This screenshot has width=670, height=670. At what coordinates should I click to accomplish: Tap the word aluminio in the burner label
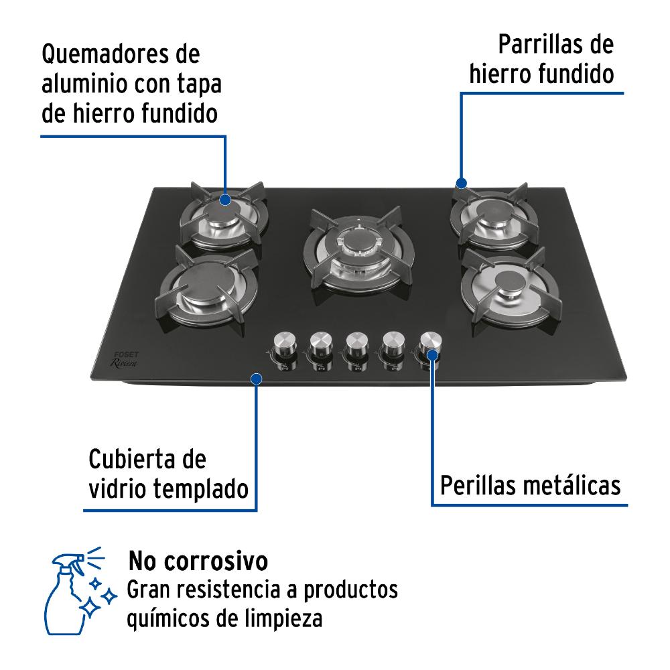84,84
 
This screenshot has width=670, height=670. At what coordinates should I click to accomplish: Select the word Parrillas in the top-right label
541,45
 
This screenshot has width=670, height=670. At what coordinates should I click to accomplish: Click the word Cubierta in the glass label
133,459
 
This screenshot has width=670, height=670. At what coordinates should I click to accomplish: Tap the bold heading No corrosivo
198,561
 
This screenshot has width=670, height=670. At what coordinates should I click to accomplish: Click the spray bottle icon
80,590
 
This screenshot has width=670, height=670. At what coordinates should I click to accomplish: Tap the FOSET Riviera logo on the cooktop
125,359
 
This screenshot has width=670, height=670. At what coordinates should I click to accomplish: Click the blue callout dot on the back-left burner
225,200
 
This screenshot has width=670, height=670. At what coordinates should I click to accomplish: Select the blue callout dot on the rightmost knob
432,355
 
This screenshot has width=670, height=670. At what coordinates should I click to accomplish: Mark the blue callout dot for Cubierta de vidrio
257,379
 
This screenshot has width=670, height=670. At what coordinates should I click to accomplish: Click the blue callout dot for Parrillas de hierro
461,183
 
